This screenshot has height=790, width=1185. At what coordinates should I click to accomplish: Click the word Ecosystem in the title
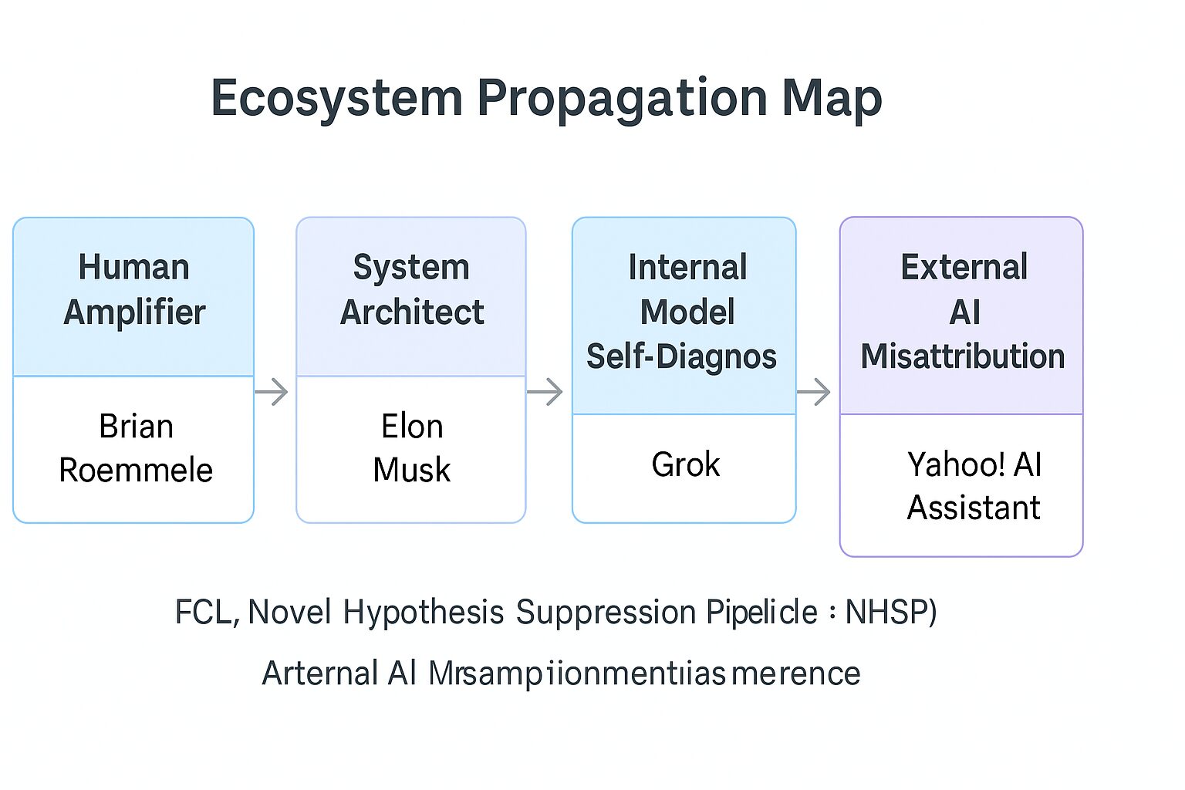[336, 99]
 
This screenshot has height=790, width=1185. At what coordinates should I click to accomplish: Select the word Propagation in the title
[622, 99]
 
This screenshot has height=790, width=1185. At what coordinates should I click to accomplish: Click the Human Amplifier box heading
[134, 290]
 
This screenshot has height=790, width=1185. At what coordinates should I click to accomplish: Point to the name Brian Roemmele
[136, 448]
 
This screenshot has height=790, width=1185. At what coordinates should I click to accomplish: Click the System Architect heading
[412, 290]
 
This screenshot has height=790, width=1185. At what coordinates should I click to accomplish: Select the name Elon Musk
[412, 448]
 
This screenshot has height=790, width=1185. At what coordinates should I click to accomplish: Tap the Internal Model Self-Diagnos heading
[684, 312]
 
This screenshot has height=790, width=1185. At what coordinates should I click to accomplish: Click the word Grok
[685, 465]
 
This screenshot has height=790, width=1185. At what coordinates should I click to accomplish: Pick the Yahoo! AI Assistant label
[974, 486]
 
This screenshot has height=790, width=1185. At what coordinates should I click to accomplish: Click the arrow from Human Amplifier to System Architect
[272, 392]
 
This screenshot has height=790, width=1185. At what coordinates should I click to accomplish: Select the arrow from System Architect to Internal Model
[545, 392]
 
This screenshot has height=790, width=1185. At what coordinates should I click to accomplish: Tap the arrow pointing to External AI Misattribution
[814, 392]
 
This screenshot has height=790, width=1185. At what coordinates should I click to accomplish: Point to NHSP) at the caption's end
[891, 613]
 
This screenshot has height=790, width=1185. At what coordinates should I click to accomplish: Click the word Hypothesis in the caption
[423, 613]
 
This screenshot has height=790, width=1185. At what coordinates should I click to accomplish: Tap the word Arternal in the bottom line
[319, 674]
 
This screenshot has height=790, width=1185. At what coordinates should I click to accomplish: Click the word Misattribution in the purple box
[963, 356]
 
